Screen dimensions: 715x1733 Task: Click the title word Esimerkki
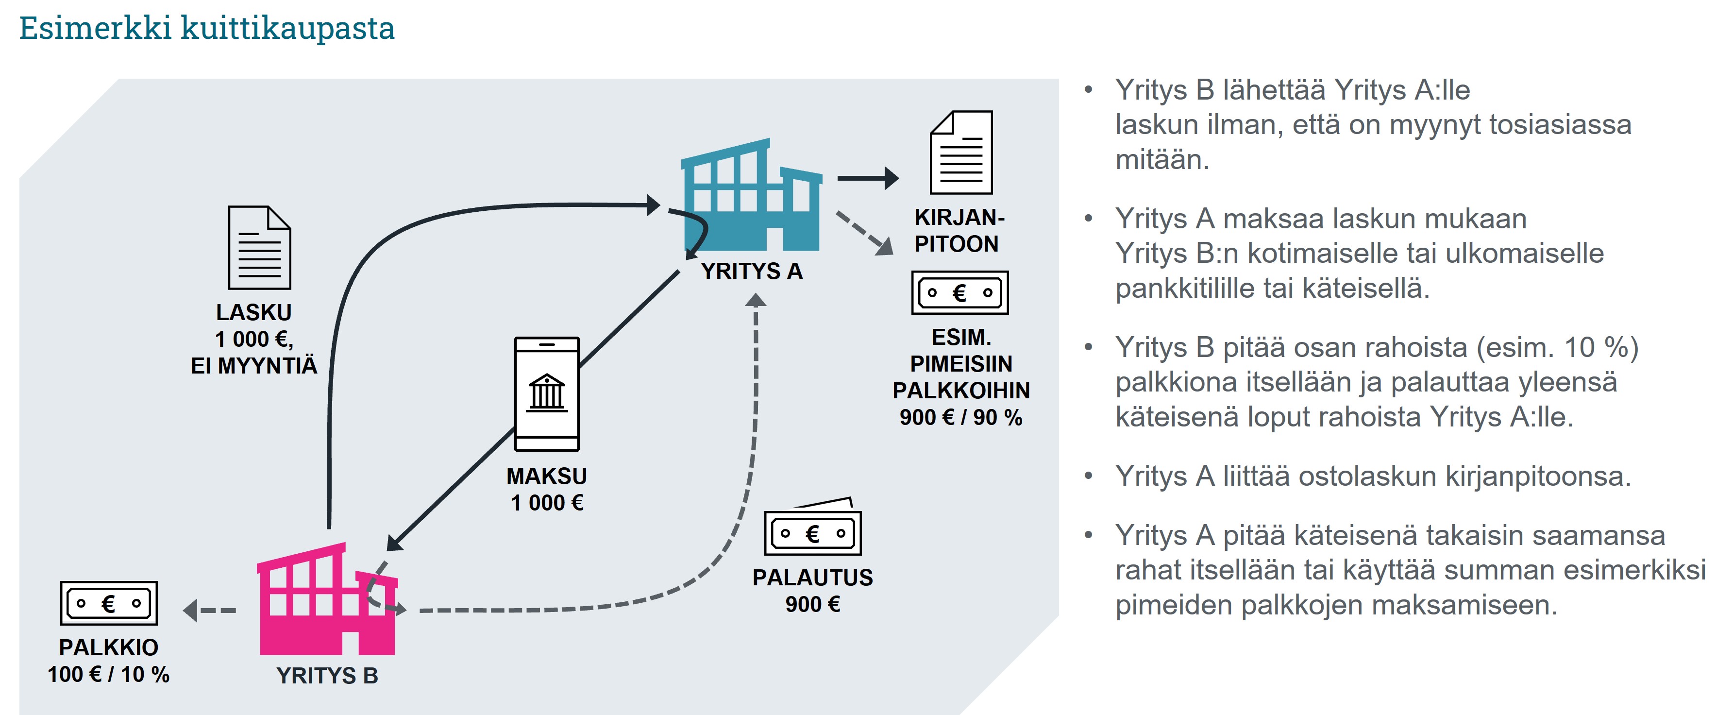point(95,28)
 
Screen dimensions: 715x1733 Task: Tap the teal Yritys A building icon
point(752,195)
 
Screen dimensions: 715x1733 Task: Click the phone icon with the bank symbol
point(546,394)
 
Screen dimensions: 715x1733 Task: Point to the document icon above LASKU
point(259,248)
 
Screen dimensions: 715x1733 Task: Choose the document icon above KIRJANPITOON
point(960,153)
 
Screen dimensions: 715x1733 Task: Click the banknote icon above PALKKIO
point(108,603)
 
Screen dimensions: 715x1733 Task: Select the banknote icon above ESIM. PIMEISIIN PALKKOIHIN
point(959,293)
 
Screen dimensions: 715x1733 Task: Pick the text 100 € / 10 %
point(108,674)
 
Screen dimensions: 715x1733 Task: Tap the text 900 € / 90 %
point(960,417)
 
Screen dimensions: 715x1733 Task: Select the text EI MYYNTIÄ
point(253,366)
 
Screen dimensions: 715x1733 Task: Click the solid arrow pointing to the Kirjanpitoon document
point(868,178)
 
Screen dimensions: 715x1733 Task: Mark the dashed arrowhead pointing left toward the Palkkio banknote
point(191,611)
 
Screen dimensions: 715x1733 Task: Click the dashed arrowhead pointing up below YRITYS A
point(756,300)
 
